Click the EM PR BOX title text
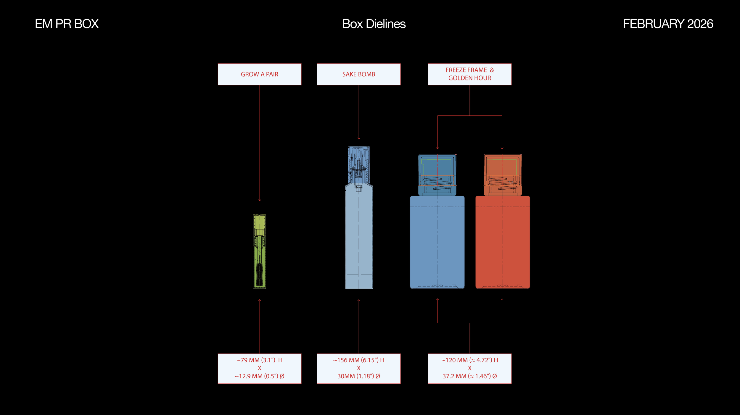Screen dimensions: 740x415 (67, 24)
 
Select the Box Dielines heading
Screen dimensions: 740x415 (374, 24)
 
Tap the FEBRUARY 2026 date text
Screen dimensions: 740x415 (668, 24)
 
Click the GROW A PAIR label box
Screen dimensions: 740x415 (259, 74)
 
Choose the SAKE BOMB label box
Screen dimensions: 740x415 (358, 74)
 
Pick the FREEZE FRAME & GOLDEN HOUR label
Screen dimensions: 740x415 (469, 74)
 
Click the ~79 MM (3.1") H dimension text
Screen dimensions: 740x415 (259, 360)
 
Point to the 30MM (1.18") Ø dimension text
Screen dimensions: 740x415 (358, 376)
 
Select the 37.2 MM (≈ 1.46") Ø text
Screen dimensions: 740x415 (469, 376)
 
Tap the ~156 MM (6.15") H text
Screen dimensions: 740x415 (358, 360)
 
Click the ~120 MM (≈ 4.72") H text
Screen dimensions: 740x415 (469, 360)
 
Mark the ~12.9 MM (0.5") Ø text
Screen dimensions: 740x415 (259, 376)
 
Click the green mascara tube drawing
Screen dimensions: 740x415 (260, 237)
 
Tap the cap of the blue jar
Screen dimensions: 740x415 (437, 175)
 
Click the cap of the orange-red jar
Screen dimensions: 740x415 (503, 175)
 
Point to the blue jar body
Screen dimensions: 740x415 (437, 243)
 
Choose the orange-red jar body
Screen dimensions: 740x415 (503, 243)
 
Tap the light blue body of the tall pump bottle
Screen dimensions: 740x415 (359, 237)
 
